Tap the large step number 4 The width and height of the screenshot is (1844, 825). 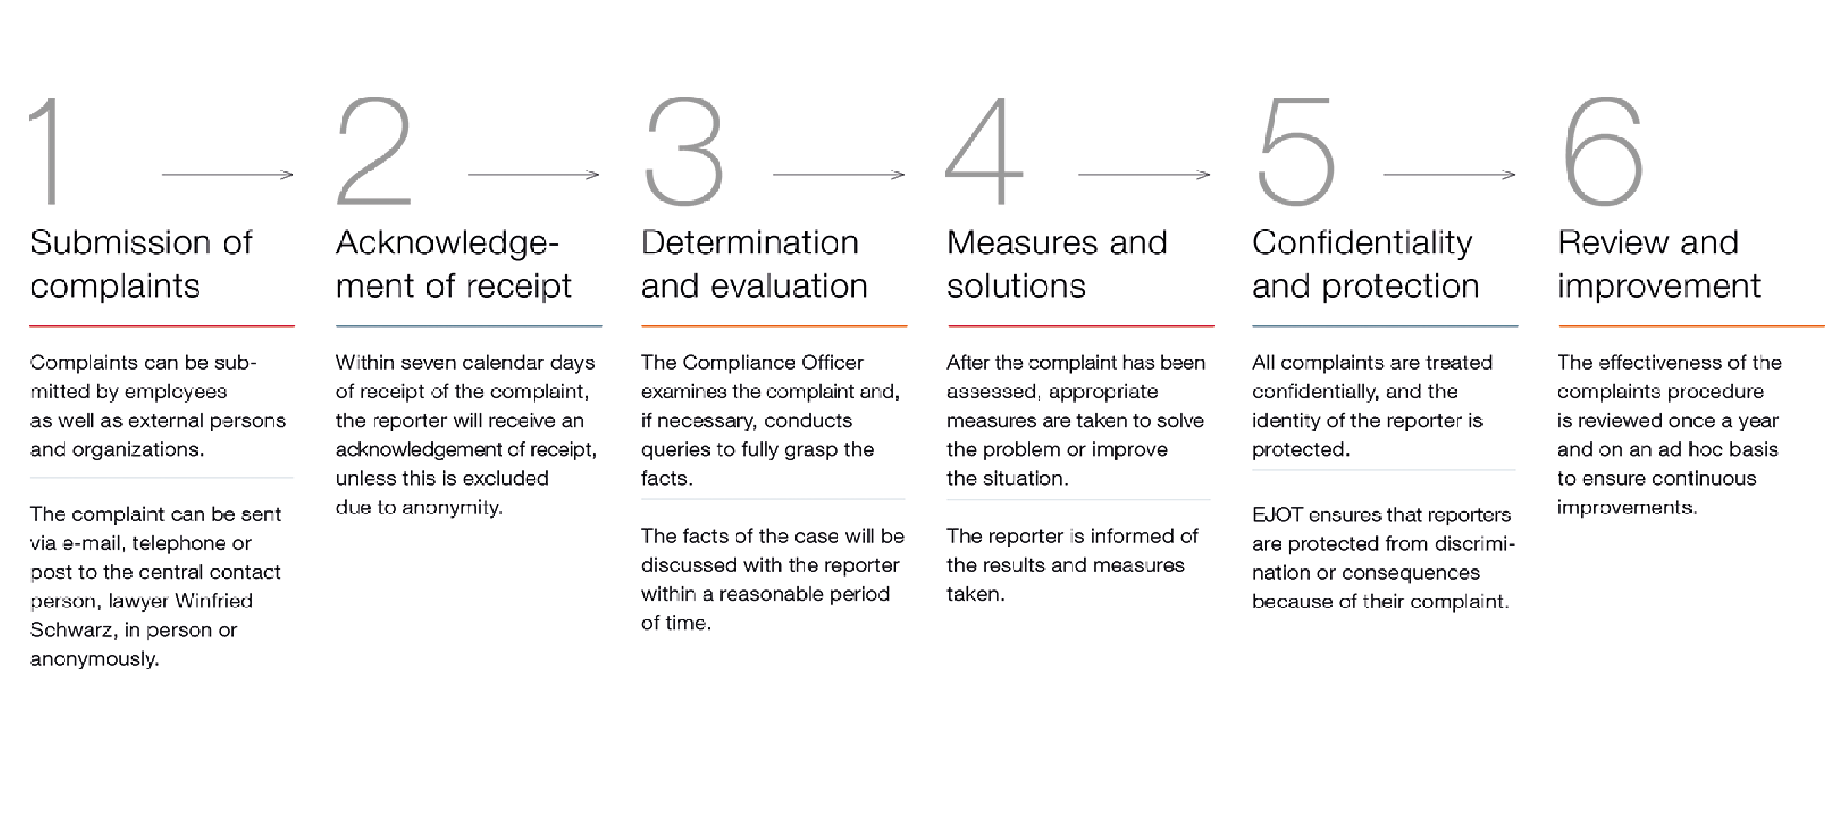(x=985, y=151)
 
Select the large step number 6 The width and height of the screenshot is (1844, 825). (x=1602, y=151)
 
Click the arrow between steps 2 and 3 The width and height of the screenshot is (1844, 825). (x=534, y=175)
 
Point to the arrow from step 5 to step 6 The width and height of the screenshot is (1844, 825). (x=1449, y=175)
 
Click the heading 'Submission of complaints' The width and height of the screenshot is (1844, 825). (x=141, y=264)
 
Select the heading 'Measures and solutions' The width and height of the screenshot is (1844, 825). (x=1056, y=264)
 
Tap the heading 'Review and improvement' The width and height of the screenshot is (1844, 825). (x=1659, y=264)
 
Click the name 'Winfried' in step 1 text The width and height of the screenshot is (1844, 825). (x=213, y=600)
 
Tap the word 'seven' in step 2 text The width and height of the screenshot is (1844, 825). (x=429, y=363)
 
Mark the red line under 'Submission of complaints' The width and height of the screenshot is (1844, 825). (x=162, y=326)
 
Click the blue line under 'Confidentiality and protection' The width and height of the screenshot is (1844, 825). (x=1385, y=326)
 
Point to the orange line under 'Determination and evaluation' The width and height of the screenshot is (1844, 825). (x=774, y=326)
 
